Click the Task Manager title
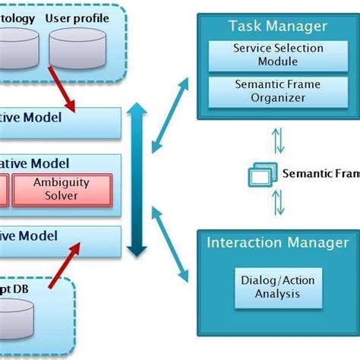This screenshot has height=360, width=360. [x=278, y=27]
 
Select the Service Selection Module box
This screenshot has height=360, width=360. [x=278, y=53]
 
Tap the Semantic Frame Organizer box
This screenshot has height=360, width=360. [x=278, y=90]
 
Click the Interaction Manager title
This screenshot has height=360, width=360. [x=278, y=243]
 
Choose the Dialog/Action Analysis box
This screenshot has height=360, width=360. [x=277, y=286]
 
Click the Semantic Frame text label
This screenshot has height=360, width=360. [x=320, y=173]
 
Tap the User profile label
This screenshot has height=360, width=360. [x=77, y=18]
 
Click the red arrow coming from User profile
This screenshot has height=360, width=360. [x=65, y=91]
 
